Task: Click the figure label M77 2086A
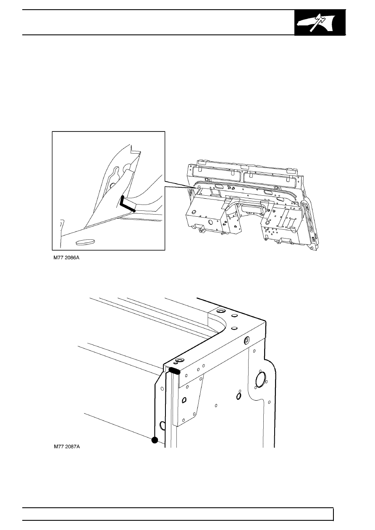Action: (x=66, y=258)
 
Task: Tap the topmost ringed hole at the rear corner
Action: (x=221, y=310)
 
